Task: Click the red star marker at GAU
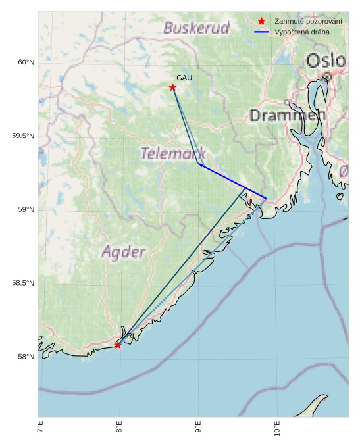[172, 87]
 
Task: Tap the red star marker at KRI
[118, 345]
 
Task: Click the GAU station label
[184, 78]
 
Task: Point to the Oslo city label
[326, 61]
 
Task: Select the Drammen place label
[288, 116]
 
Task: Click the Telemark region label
[173, 154]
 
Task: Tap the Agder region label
[124, 251]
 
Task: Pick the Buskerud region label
[196, 28]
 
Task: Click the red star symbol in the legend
[261, 22]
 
